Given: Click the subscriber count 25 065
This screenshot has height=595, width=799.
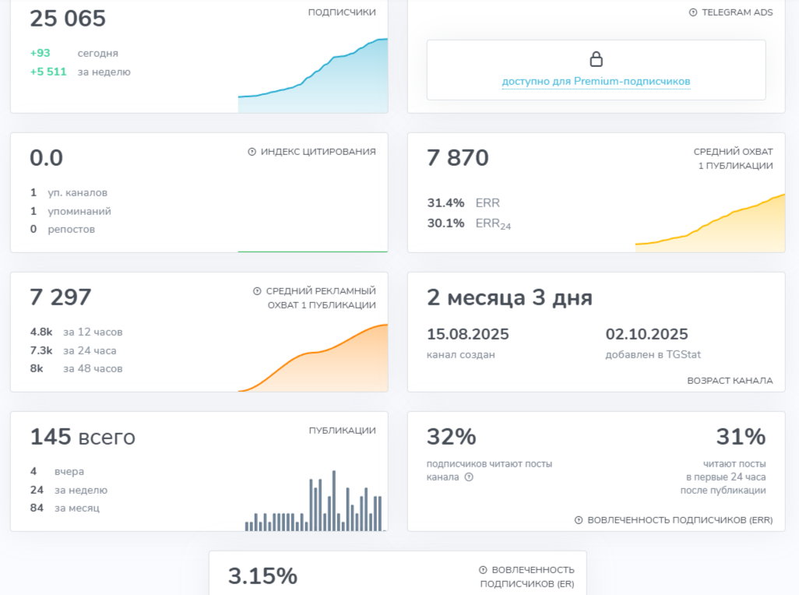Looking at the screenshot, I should click(68, 19).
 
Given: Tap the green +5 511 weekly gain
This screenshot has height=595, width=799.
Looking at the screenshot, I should click(48, 72).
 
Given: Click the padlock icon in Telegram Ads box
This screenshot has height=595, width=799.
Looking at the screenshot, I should click(596, 59).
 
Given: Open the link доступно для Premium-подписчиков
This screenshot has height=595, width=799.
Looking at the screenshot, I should click(596, 81).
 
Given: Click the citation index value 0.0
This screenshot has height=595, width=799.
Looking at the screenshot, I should click(46, 158).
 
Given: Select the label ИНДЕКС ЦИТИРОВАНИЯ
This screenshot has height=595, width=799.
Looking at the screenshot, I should click(318, 152).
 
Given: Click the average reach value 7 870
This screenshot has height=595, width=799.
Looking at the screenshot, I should click(458, 158).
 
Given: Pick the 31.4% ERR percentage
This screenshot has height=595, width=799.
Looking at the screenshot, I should click(445, 202).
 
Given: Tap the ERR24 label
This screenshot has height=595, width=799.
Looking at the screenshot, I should click(493, 224).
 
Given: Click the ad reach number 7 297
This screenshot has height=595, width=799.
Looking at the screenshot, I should click(61, 297).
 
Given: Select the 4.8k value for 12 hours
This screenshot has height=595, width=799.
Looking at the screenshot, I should click(41, 332).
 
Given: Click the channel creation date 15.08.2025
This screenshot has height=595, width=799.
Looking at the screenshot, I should click(468, 334).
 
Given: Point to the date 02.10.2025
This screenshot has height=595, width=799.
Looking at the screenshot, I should click(647, 334).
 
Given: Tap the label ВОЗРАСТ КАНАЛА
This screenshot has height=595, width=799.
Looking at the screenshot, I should click(730, 381).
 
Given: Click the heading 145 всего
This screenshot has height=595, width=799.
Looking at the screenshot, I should click(83, 437).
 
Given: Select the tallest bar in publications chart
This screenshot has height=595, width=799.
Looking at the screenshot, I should click(333, 498).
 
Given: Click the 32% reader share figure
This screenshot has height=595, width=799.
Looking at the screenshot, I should click(452, 437).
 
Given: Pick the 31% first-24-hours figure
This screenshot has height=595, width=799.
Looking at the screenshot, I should click(741, 437).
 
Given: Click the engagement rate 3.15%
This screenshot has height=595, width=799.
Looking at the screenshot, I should click(262, 576).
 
